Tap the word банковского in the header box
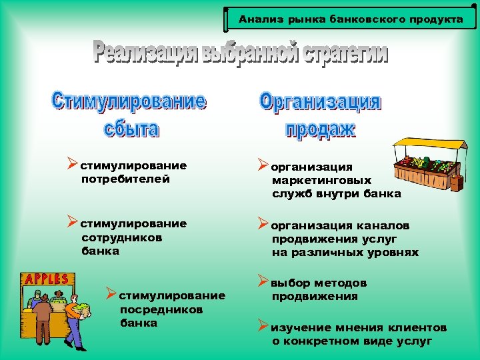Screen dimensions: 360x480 [x=356, y=19]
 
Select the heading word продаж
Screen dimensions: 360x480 [x=320, y=129]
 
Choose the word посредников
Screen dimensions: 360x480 [x=161, y=309]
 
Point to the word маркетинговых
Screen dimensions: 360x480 [x=321, y=180]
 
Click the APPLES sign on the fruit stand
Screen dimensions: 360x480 [x=46, y=279]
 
